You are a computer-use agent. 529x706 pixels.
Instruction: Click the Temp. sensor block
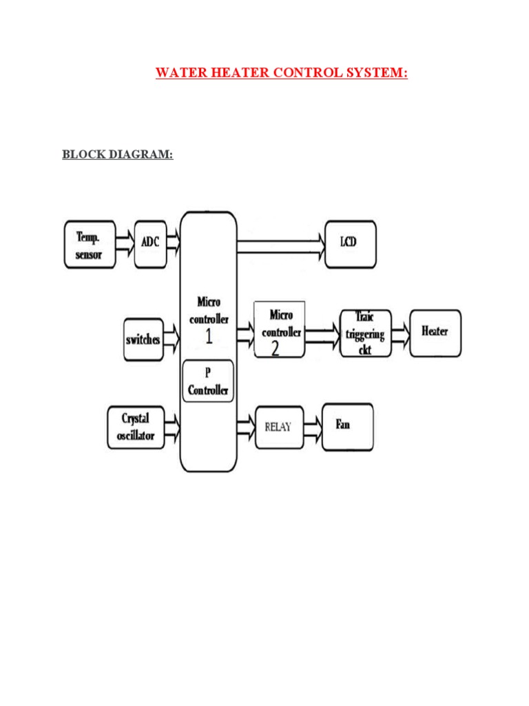90,244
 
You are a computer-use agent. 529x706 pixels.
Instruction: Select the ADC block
150,243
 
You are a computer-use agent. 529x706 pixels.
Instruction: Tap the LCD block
350,243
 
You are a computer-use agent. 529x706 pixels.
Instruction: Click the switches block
143,340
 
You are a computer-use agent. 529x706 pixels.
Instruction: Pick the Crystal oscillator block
136,427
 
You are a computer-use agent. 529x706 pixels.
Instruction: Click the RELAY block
278,427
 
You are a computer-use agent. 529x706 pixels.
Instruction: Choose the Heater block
435,332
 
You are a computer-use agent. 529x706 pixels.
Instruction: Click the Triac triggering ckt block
366,333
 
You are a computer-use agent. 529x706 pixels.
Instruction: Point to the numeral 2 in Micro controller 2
275,349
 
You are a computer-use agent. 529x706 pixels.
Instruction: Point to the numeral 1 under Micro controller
208,337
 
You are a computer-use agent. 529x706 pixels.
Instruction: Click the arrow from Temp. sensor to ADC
125,243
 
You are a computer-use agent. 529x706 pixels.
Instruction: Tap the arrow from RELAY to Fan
312,426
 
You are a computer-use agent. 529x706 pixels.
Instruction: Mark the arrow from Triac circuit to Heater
401,333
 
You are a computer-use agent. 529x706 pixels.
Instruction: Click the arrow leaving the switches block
172,339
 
